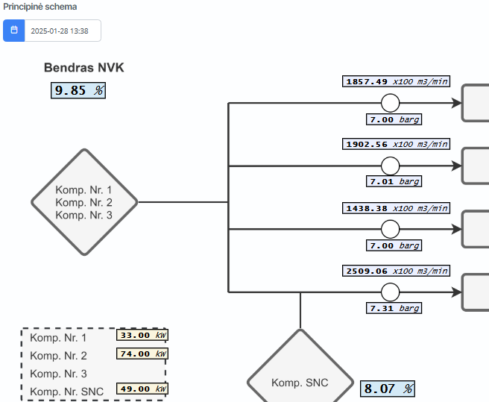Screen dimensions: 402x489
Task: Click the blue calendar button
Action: click(13, 31)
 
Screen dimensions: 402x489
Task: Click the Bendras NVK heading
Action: click(84, 68)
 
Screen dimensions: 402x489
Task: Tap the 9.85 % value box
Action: click(78, 91)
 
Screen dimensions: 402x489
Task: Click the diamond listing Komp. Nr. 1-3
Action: click(84, 202)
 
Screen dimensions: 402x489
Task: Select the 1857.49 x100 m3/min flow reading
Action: click(397, 81)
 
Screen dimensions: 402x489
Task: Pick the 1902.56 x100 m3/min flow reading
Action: click(397, 144)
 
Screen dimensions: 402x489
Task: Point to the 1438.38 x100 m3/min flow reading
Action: click(397, 208)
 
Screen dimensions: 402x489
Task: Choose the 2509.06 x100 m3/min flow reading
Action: click(397, 271)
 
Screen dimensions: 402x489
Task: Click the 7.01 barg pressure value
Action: click(394, 181)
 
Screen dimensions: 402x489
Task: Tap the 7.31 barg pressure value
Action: click(394, 308)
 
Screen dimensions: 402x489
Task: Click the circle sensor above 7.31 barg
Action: click(390, 292)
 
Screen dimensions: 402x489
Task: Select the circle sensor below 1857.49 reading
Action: click(390, 102)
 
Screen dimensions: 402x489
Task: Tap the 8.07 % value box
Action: click(388, 389)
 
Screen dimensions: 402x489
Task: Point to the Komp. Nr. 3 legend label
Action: click(58, 374)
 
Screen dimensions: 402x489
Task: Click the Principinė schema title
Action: click(40, 7)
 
